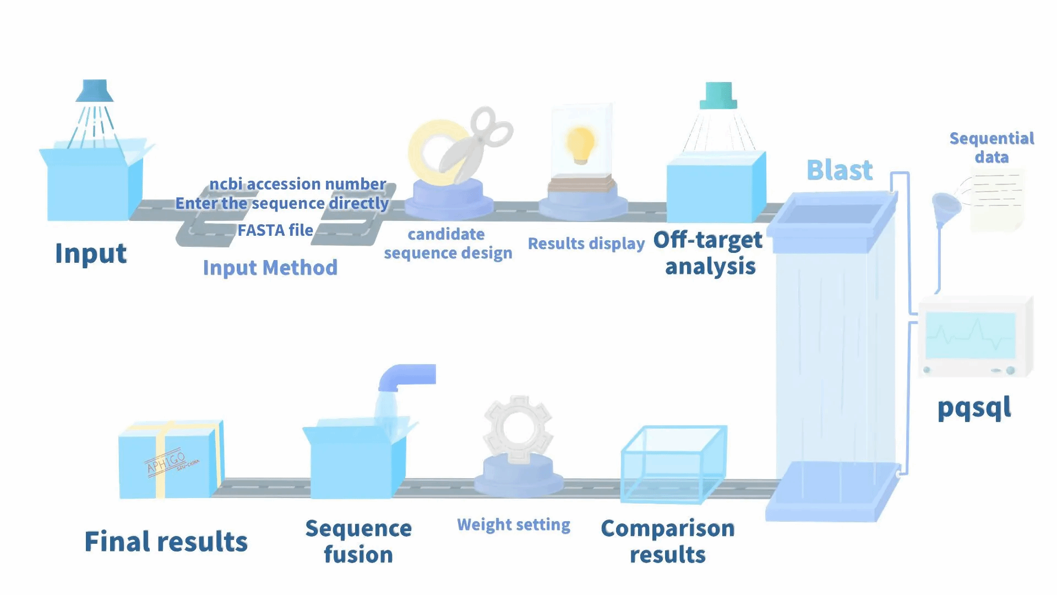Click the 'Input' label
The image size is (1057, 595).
[x=91, y=253]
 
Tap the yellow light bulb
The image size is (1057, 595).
[x=581, y=144]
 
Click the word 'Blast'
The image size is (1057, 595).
[x=840, y=170]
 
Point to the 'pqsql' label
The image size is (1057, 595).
[x=974, y=408]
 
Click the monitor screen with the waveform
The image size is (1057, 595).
[x=970, y=335]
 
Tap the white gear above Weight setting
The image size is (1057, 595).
[x=517, y=428]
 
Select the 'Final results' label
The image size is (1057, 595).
[x=166, y=541]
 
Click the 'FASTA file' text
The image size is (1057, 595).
[x=275, y=230]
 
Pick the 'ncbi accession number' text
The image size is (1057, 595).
[x=297, y=183]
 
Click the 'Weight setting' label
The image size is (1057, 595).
[x=513, y=524]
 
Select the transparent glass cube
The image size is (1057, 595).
[x=673, y=464]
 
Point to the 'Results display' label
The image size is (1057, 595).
[x=586, y=243]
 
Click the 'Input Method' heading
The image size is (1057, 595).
[x=270, y=268]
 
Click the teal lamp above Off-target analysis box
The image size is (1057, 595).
[x=718, y=95]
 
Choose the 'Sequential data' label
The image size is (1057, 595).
[x=991, y=147]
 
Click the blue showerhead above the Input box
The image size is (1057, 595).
[x=94, y=91]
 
